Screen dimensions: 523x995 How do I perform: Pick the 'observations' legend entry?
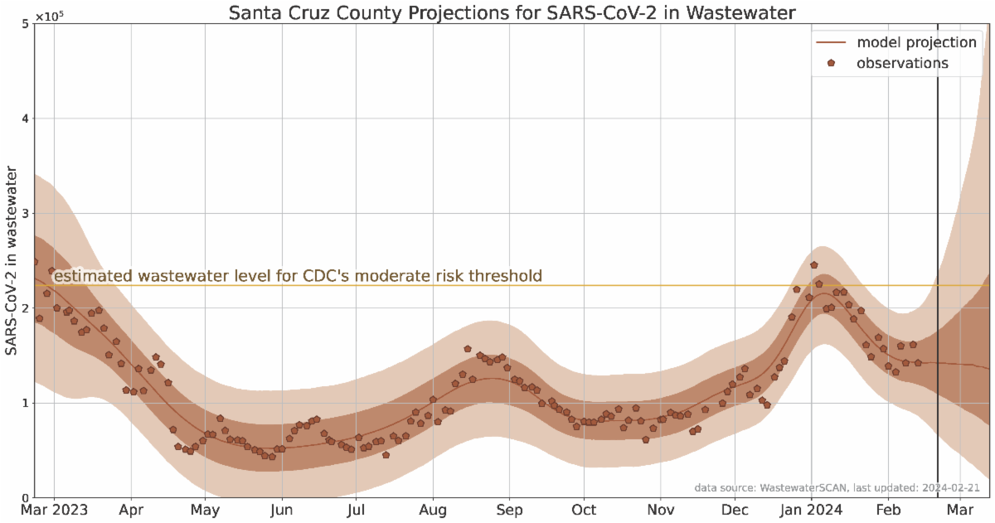902,63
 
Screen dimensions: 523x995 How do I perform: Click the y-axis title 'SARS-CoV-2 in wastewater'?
12,261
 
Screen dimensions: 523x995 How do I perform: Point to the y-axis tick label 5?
25,24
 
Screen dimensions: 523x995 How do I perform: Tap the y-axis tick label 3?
25,214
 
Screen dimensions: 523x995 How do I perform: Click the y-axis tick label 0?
25,497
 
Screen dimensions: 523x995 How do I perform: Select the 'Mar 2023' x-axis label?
56,508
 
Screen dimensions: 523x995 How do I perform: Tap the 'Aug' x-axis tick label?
434,508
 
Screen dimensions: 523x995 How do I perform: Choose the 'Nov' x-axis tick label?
660,508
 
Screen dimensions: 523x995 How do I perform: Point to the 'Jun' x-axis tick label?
283,508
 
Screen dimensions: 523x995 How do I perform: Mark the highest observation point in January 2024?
814,265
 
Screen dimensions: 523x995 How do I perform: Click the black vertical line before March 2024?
938,249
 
